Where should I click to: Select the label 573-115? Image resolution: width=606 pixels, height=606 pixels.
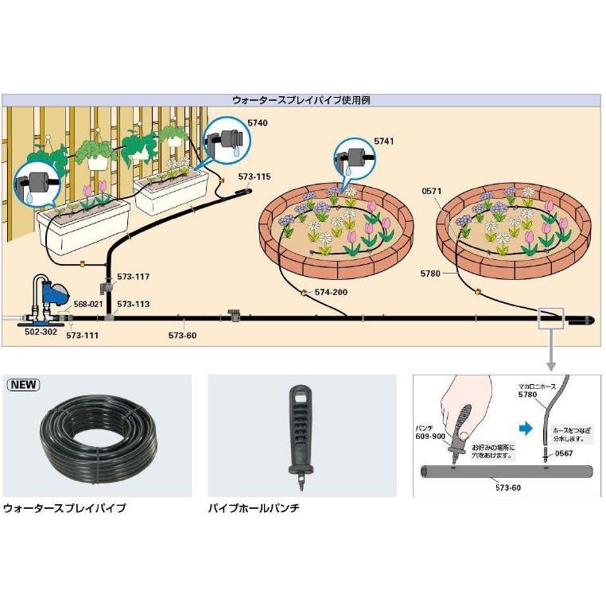(x=254, y=176)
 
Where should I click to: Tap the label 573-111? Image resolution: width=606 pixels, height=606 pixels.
(x=81, y=336)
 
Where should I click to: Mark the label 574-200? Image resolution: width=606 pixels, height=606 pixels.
(x=330, y=292)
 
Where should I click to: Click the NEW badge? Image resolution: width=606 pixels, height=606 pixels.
(x=24, y=384)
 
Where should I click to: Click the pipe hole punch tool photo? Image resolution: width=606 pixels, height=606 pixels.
(x=301, y=433)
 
